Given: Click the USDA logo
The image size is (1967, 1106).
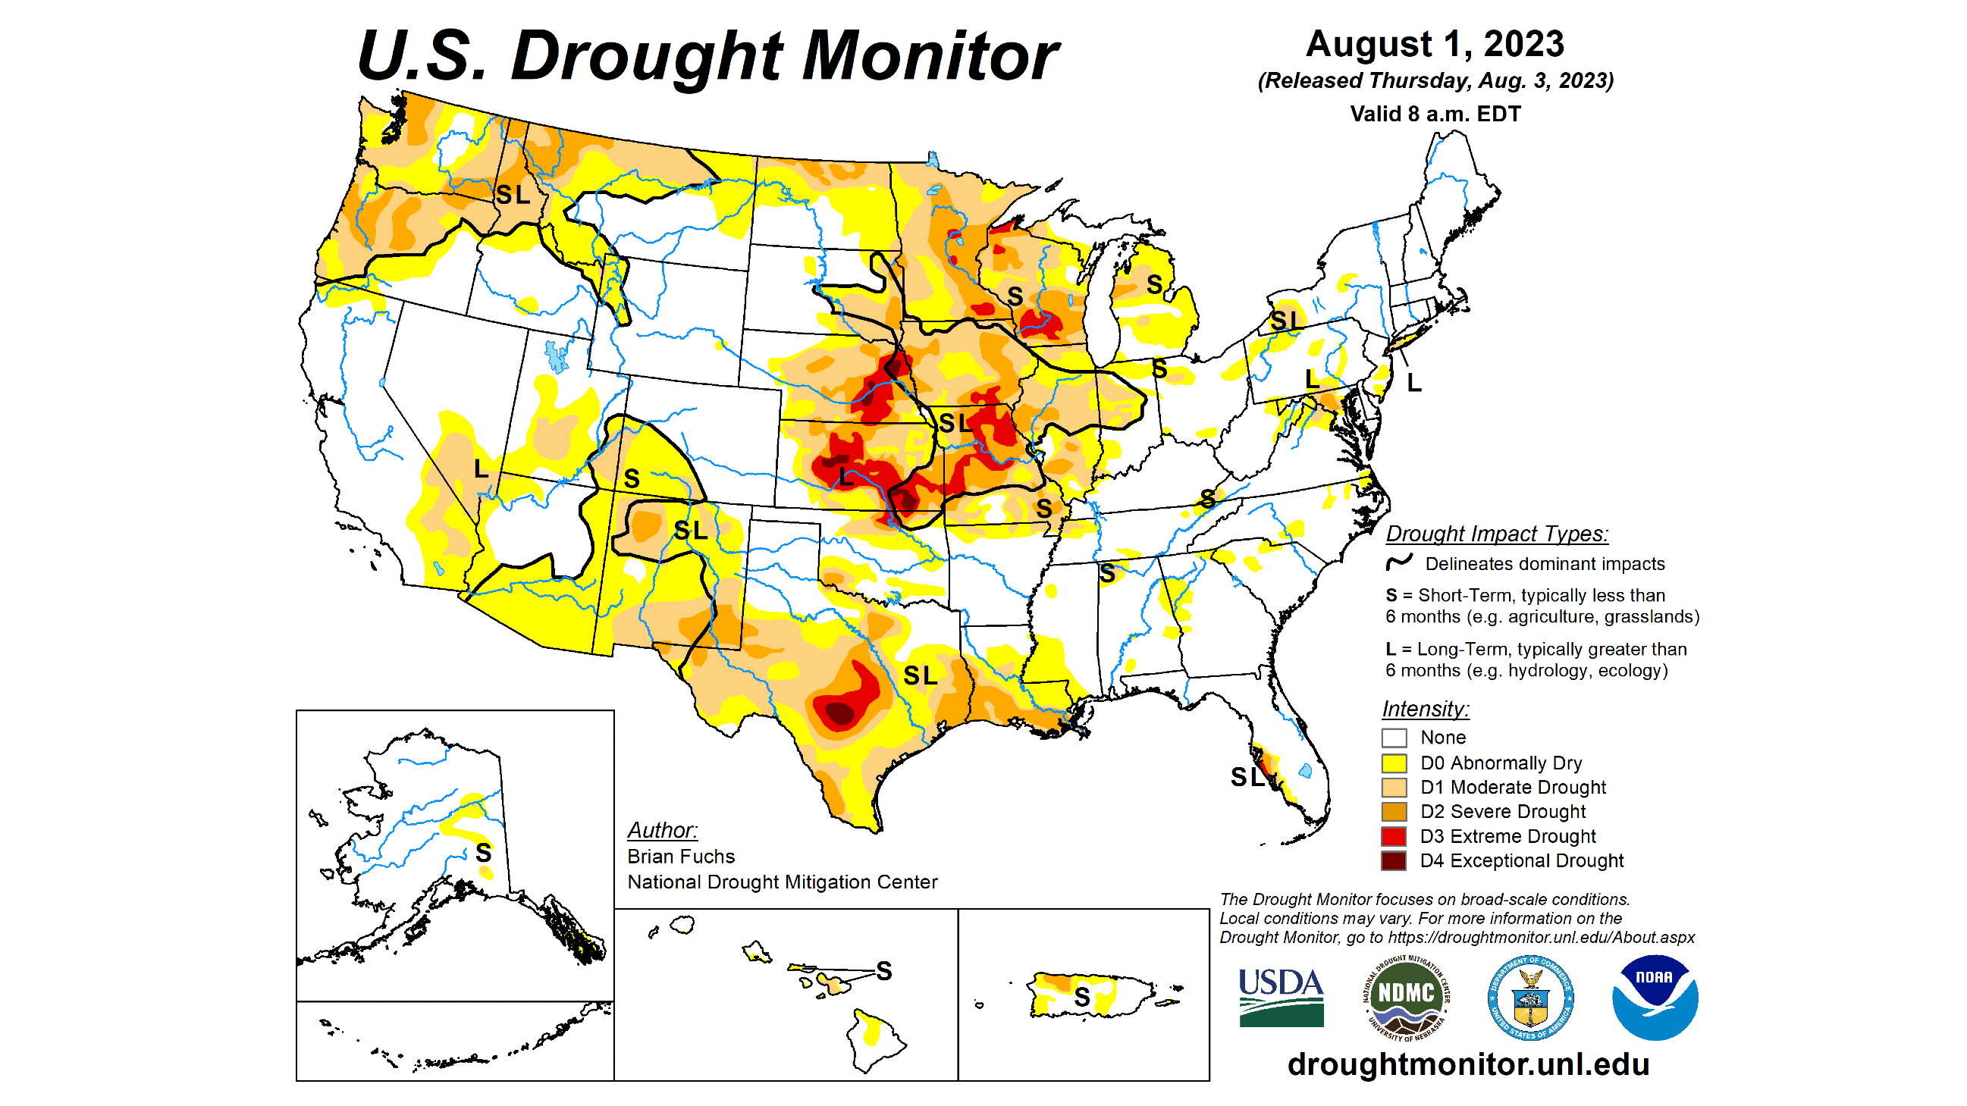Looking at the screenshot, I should [1281, 997].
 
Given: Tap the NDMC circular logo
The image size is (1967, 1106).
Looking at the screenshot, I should [1406, 997].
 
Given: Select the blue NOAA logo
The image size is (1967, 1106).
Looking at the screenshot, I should [1654, 997].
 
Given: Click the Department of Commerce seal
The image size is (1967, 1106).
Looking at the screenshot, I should [1530, 997].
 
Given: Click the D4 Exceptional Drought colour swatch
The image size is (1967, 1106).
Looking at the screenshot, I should [1394, 861].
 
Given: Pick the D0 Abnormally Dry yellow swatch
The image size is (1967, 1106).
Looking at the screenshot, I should [1394, 763].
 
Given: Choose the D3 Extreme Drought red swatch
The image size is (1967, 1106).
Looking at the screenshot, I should [1394, 837].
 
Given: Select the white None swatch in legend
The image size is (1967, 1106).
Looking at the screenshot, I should [1394, 738].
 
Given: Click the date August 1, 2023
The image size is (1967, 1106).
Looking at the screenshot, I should [1435, 44].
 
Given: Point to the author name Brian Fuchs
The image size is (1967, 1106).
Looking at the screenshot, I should [680, 857].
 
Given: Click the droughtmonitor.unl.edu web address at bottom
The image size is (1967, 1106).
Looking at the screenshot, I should [1467, 1064].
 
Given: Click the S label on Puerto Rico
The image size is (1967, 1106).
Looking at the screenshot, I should [1081, 997].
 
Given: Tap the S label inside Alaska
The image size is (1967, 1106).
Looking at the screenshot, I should [483, 853].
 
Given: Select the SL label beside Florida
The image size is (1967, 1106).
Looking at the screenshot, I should [1247, 778].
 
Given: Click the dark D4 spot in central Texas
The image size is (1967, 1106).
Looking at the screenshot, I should [840, 714].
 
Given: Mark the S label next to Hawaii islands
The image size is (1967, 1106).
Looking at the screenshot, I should [883, 971].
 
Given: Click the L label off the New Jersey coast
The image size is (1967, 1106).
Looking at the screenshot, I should [1414, 383].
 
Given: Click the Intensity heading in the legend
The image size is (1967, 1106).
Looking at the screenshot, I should [1425, 709].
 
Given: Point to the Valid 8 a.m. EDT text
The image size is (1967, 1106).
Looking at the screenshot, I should [1435, 114].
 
